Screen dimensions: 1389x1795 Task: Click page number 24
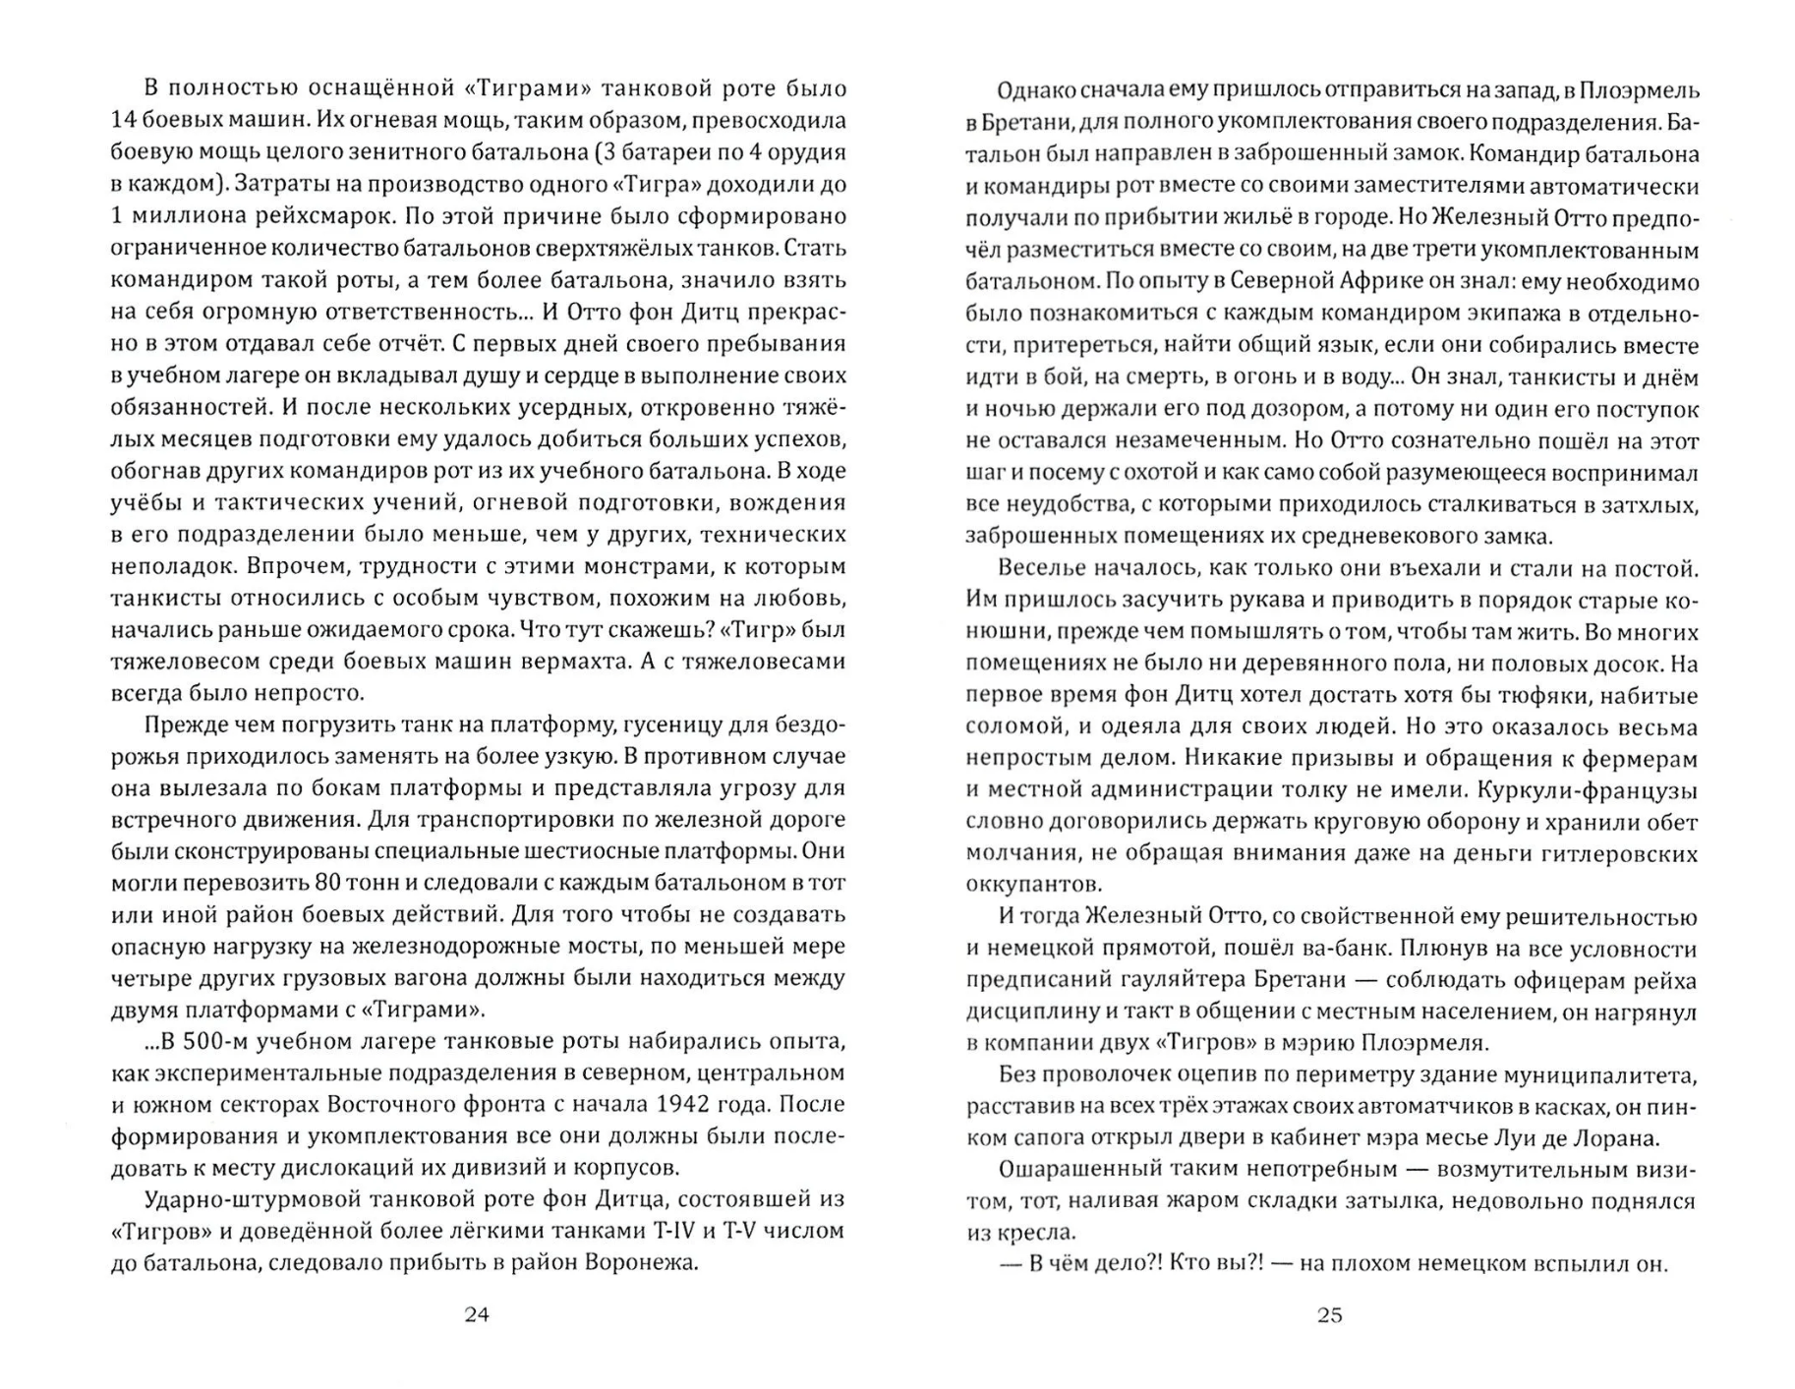point(476,1314)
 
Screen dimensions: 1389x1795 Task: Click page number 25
point(1329,1314)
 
